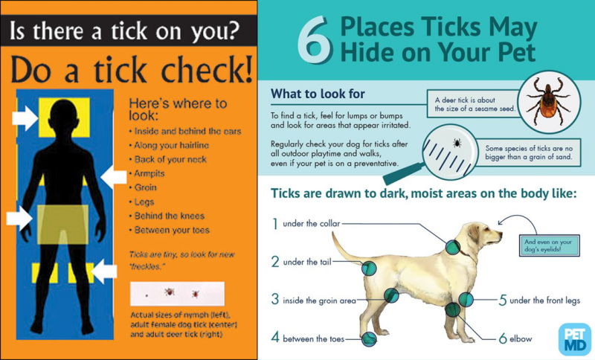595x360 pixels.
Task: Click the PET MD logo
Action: (x=575, y=338)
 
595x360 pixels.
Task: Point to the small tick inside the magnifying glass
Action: (x=457, y=144)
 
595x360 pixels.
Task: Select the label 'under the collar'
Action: (x=311, y=224)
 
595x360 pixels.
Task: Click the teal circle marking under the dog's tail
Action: (x=368, y=269)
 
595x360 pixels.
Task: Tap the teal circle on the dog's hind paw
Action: (x=368, y=338)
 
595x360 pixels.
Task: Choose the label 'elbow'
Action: (x=520, y=338)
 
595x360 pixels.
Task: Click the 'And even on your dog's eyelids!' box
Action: (x=550, y=245)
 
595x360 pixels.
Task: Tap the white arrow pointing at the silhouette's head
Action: (x=25, y=118)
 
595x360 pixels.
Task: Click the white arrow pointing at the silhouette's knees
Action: (x=104, y=271)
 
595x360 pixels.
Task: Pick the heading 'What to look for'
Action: (x=318, y=94)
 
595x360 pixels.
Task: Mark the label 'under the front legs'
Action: (x=544, y=300)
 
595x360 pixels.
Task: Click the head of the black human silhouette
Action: (x=64, y=118)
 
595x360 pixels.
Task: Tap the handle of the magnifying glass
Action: (x=403, y=174)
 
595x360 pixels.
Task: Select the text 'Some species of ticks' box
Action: (x=529, y=152)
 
